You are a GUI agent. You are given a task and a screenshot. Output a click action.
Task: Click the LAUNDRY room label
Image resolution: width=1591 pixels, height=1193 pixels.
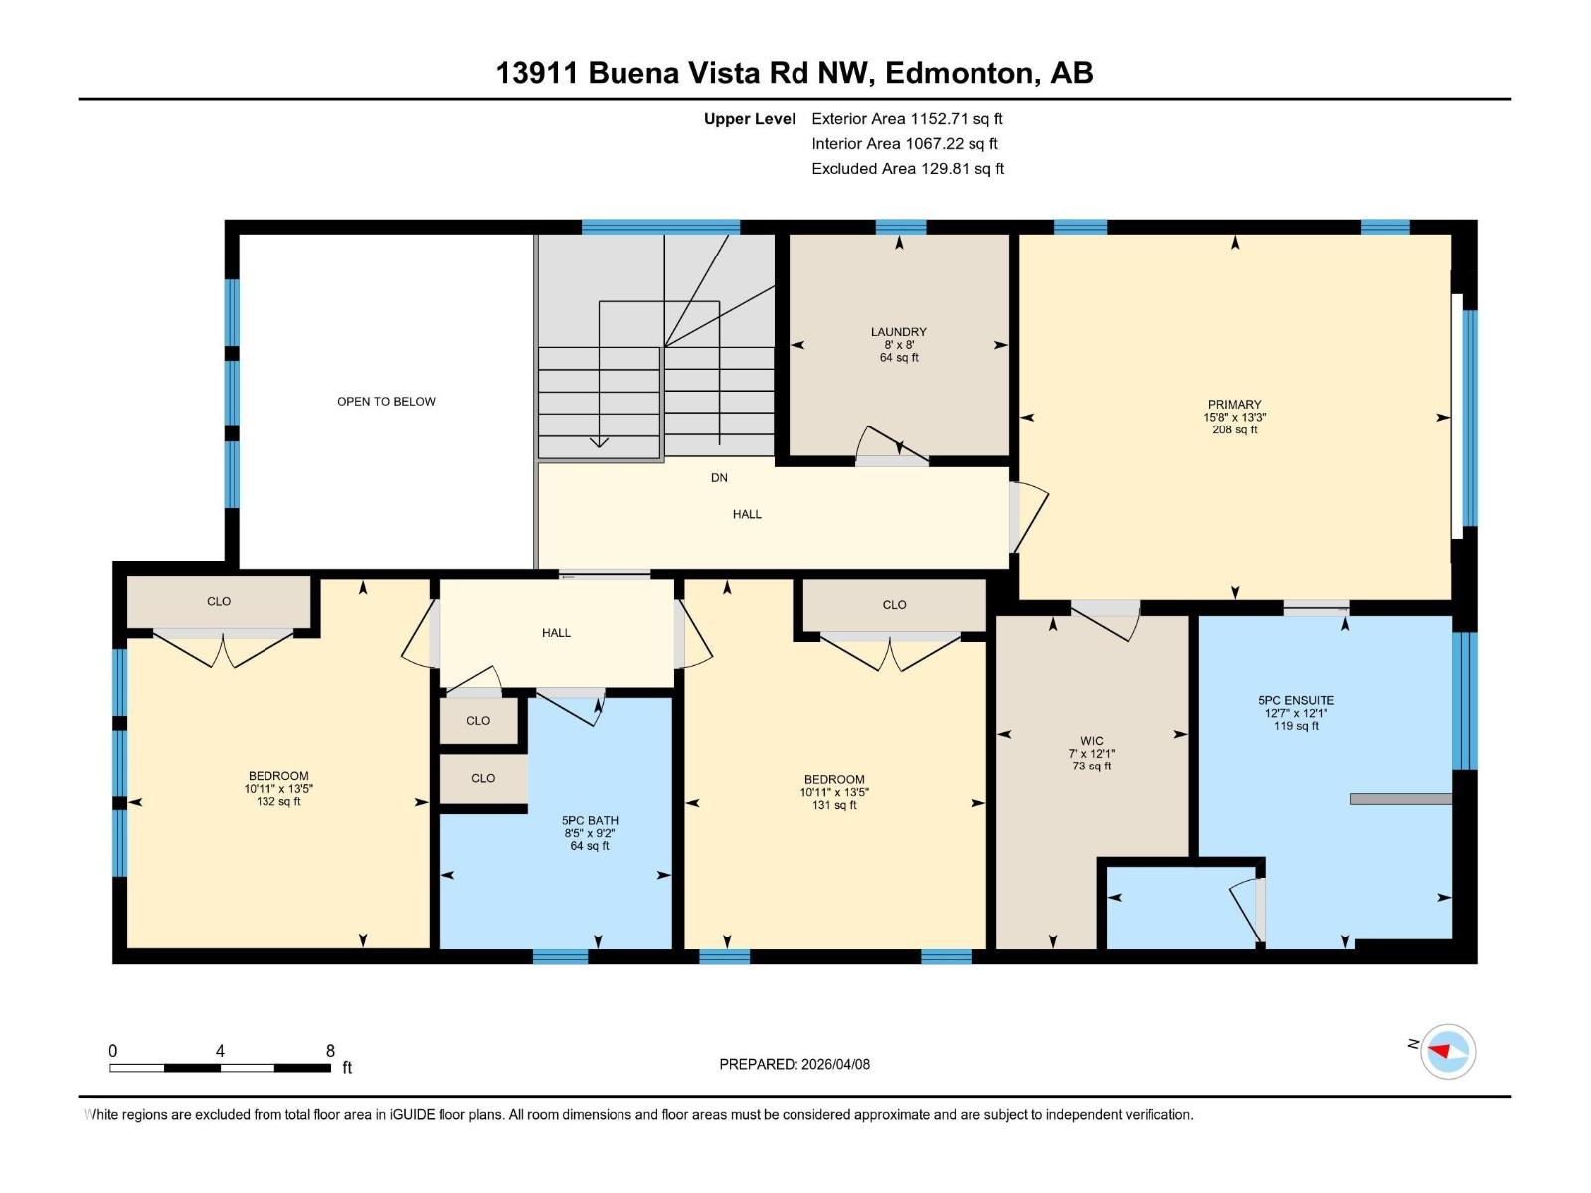pos(898,332)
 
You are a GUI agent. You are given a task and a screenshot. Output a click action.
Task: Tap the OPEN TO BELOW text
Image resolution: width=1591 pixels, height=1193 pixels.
pos(386,402)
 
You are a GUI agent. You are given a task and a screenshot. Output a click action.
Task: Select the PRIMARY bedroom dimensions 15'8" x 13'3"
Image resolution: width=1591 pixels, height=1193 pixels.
pos(1234,418)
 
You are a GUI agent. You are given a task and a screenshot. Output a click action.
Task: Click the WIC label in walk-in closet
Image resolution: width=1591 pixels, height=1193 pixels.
pos(1091,741)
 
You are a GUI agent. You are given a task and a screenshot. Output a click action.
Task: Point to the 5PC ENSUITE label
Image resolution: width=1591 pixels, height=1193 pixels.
pos(1296,700)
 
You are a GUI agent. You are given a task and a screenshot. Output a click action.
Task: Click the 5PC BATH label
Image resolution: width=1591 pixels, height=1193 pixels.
pos(590,821)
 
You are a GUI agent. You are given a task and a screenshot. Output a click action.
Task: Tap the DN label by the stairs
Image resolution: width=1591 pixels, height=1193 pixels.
pos(719,478)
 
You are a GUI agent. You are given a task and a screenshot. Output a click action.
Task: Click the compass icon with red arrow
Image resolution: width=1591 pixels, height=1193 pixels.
pos(1447,1051)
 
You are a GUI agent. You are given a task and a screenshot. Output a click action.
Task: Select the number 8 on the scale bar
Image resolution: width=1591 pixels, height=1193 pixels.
pos(330,1051)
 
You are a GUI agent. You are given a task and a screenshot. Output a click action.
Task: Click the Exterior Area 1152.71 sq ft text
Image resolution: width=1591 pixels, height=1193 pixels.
pos(906,119)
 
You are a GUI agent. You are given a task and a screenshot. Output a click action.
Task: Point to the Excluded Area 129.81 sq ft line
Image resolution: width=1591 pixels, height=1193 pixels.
pos(907,169)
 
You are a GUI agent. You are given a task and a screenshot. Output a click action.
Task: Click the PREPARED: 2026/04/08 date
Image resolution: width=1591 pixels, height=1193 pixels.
pos(795,1064)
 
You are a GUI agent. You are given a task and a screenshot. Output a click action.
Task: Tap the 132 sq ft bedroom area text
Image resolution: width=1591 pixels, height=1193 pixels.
pos(278,802)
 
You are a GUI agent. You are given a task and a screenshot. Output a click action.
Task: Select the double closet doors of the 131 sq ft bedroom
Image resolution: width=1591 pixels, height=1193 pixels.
pos(891,651)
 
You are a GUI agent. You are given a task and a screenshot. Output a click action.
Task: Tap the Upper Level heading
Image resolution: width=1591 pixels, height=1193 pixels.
pos(750,119)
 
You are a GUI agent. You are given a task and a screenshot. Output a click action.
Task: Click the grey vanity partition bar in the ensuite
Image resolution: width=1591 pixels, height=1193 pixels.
pos(1400,799)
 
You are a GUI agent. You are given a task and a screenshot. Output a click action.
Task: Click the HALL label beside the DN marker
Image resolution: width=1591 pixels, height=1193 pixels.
pos(747,514)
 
